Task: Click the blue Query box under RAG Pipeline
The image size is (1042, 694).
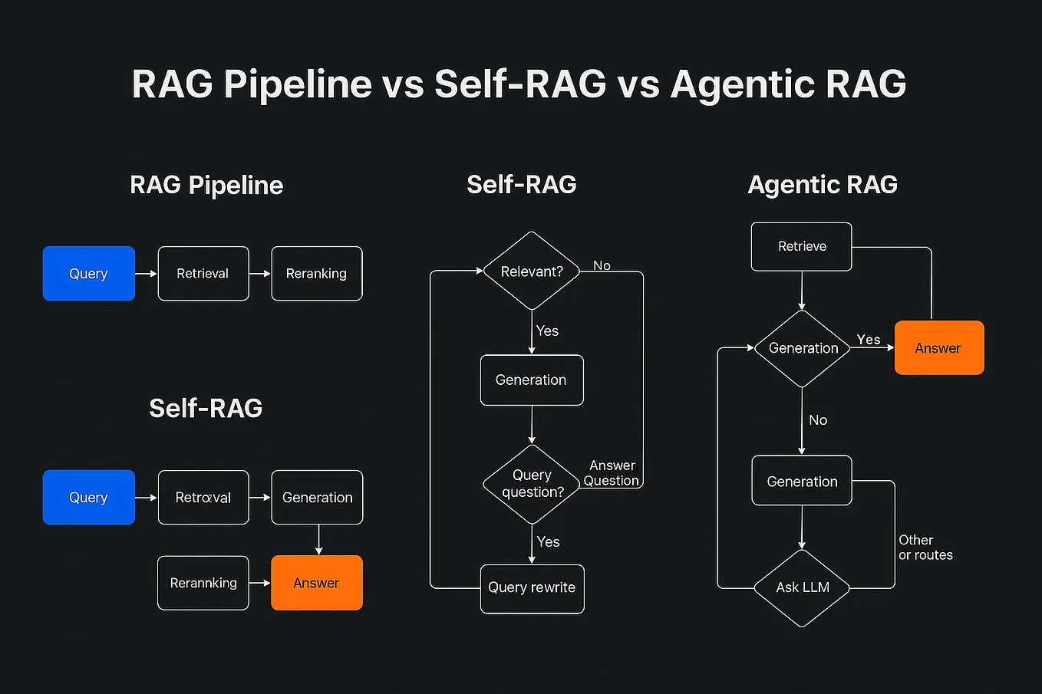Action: tap(89, 274)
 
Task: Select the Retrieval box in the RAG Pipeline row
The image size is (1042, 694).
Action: tap(203, 274)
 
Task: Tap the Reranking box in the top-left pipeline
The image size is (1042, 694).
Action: tap(317, 274)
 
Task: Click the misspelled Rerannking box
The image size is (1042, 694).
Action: tap(203, 584)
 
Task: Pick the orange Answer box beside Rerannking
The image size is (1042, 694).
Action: tap(317, 584)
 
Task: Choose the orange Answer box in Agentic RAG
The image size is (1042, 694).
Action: tap(939, 348)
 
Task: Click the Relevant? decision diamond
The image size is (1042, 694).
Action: tap(532, 271)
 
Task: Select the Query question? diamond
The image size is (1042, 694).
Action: tap(532, 484)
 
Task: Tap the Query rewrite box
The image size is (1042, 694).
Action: tap(532, 588)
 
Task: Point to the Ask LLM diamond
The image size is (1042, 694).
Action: tap(803, 588)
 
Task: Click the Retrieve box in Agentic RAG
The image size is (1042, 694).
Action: tap(802, 247)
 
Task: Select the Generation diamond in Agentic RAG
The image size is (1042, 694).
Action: tap(803, 349)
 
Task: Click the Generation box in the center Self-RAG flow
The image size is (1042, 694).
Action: tap(532, 380)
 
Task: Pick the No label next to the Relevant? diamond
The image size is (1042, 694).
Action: tap(602, 265)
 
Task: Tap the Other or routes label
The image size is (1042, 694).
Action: tap(925, 548)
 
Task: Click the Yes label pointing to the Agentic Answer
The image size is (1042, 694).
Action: tap(869, 340)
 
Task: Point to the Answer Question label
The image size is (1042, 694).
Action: tap(612, 473)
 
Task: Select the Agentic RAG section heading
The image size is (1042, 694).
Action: tap(823, 185)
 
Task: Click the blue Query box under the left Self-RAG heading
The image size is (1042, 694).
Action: tap(89, 498)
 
